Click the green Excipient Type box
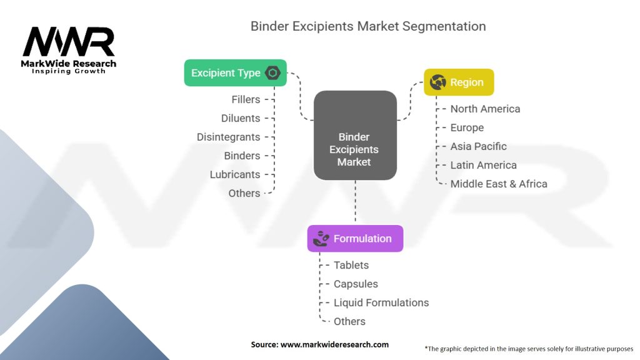click(x=236, y=73)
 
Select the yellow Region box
click(x=459, y=82)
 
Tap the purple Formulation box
click(x=355, y=238)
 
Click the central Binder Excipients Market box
click(x=355, y=135)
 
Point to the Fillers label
click(x=246, y=99)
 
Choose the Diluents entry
click(x=241, y=118)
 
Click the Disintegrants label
click(x=228, y=137)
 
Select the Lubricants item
click(x=235, y=174)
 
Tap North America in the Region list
click(x=485, y=109)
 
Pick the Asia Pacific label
click(x=478, y=146)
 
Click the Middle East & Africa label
click(x=499, y=184)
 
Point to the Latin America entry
click(x=483, y=165)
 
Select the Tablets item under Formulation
click(x=351, y=265)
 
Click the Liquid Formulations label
click(x=381, y=302)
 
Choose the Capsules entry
click(x=356, y=284)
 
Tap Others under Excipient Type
click(x=244, y=193)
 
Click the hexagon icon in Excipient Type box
click(x=272, y=73)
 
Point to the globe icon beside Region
click(x=437, y=82)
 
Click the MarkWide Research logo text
click(x=69, y=64)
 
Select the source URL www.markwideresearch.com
click(x=334, y=344)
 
